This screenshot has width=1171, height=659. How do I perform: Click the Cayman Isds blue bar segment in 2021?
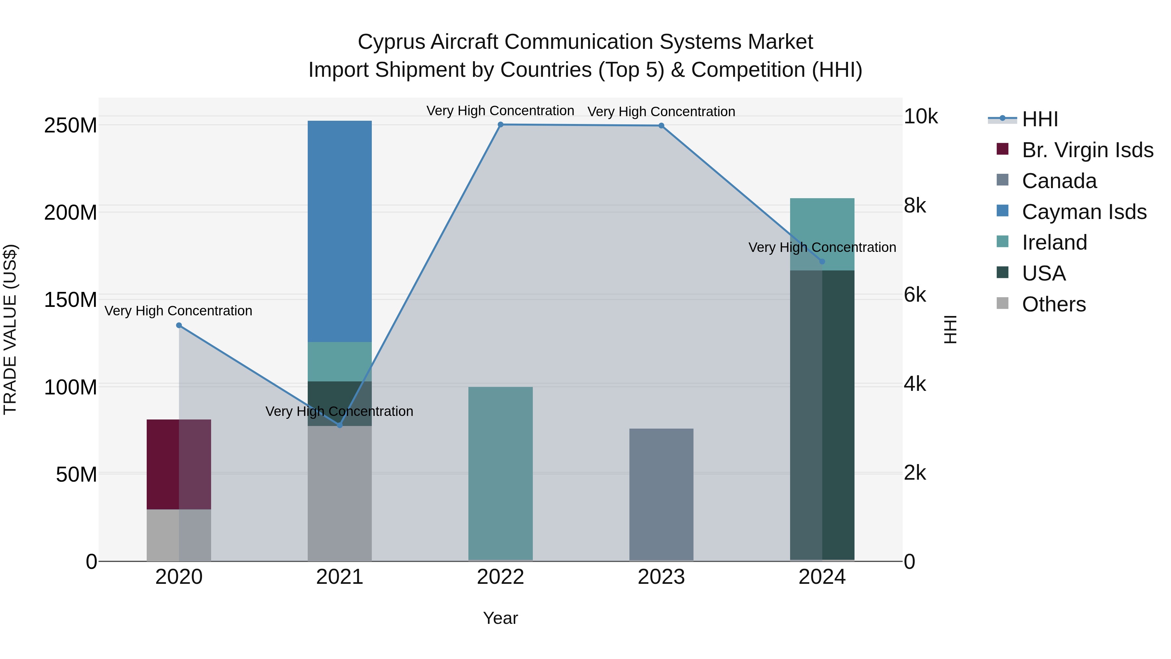[340, 231]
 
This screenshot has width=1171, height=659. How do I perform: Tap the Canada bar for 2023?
[661, 494]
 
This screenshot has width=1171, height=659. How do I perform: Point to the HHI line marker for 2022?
[501, 125]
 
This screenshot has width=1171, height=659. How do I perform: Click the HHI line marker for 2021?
[340, 425]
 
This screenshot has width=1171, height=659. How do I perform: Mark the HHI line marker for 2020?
[179, 325]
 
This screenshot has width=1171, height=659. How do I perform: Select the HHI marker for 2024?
[822, 262]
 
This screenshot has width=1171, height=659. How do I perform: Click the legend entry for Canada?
[1059, 181]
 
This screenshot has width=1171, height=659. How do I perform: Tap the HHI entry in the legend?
[1040, 119]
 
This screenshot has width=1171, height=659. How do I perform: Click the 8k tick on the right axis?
[915, 206]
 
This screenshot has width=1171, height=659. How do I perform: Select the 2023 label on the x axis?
[661, 577]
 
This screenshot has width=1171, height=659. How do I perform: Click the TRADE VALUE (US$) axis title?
[10, 329]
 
